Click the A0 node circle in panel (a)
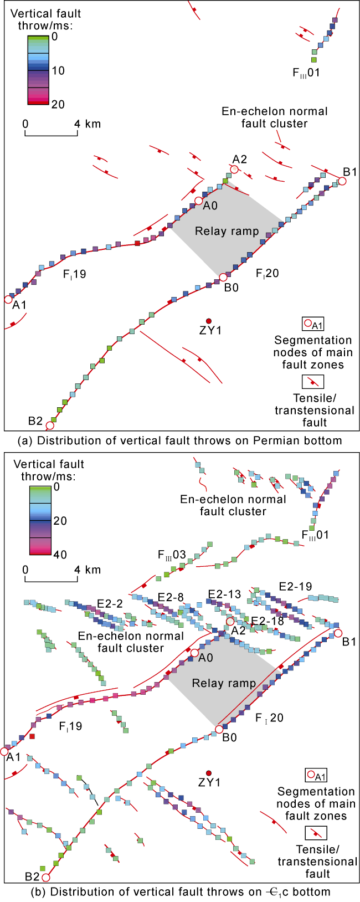198,201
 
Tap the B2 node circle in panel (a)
50,426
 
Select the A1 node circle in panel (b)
5,752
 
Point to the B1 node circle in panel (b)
338,633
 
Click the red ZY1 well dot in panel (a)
209,321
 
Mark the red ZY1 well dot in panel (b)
209,773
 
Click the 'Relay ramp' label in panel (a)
227,231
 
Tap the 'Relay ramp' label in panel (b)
224,683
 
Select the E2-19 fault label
295,587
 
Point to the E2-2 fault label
110,603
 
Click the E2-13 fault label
224,594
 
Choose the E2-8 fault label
171,597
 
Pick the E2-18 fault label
268,621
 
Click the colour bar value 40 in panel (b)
58,555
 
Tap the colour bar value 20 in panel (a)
58,104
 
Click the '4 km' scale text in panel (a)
88,124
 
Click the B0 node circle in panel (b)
219,729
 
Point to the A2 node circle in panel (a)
235,170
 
